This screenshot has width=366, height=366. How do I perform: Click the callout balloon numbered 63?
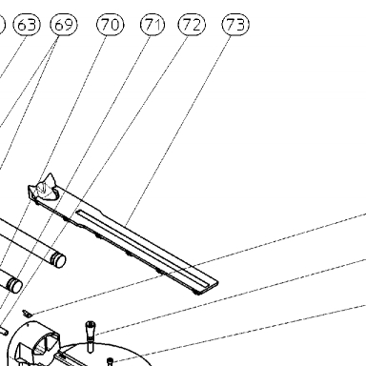click(27, 25)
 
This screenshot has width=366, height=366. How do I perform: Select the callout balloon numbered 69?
click(64, 25)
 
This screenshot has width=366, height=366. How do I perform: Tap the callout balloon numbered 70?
click(111, 25)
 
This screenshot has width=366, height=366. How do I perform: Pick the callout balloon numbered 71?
click(152, 25)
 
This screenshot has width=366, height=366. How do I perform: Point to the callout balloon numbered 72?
click(192, 25)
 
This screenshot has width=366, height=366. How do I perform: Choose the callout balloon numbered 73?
click(235, 25)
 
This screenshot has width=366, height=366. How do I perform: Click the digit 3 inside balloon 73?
click(240, 25)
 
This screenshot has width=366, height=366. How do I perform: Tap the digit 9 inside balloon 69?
click(69, 25)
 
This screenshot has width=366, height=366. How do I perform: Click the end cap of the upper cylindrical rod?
click(58, 259)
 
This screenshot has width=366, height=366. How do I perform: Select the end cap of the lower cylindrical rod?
click(14, 284)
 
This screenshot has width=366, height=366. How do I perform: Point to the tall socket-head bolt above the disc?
click(90, 336)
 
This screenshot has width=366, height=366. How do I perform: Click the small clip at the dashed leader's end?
click(28, 314)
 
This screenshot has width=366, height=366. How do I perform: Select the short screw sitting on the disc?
click(110, 361)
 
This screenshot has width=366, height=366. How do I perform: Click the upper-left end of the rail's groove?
click(78, 212)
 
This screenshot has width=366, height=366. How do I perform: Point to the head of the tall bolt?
click(91, 325)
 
